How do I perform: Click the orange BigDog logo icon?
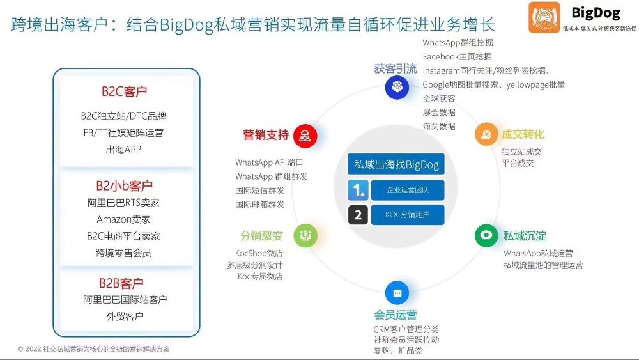(544, 17)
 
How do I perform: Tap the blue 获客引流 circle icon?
(397, 86)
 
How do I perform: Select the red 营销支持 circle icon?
(305, 136)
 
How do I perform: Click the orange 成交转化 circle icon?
(486, 134)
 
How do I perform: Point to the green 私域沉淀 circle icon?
(486, 235)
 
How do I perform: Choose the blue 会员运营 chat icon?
(397, 293)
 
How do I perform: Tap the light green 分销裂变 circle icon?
(305, 235)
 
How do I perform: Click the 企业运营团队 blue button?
(408, 190)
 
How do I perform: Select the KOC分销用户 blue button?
(408, 214)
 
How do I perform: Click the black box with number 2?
(358, 215)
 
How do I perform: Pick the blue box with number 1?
(358, 190)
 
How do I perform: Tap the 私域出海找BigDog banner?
(396, 164)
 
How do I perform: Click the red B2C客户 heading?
(124, 91)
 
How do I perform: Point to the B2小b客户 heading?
(125, 186)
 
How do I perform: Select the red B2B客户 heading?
(121, 283)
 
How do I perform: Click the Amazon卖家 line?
(123, 219)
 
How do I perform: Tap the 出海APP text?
(123, 150)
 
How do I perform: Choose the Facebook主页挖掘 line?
(458, 57)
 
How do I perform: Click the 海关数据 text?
(439, 127)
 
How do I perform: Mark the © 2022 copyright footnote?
(94, 349)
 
